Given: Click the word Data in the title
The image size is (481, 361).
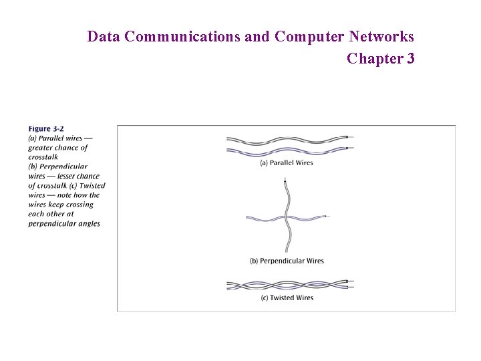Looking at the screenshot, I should click(x=104, y=37).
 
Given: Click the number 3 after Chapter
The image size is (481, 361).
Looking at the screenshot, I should click(x=410, y=59).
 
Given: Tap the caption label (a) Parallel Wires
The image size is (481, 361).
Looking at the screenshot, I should click(x=287, y=162).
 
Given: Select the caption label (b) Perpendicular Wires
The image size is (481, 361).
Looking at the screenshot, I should click(x=287, y=261).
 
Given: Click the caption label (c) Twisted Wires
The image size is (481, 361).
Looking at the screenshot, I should click(x=287, y=297).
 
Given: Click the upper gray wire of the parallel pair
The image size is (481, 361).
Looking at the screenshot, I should click(x=287, y=140).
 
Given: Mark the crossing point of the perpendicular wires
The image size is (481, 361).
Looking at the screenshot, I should click(x=286, y=218).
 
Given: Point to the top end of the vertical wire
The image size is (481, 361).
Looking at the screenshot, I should click(x=285, y=180).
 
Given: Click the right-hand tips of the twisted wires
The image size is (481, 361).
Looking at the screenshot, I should click(x=348, y=285).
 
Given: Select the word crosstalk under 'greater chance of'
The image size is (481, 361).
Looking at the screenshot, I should click(x=43, y=157).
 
